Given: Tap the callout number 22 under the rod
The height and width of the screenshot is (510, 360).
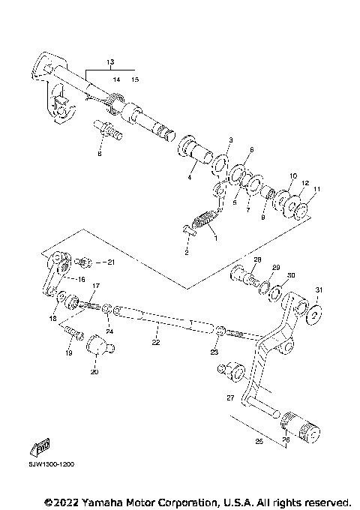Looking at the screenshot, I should [x=155, y=343].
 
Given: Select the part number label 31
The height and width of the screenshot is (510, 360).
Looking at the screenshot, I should [x=318, y=290].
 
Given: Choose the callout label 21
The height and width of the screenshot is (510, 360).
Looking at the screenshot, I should [x=110, y=262].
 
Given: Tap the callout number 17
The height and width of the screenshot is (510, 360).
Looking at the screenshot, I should [x=95, y=286].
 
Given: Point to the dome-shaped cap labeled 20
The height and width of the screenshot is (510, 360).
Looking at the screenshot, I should [x=97, y=347].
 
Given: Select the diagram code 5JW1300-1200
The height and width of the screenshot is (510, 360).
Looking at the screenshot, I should [x=52, y=464].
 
